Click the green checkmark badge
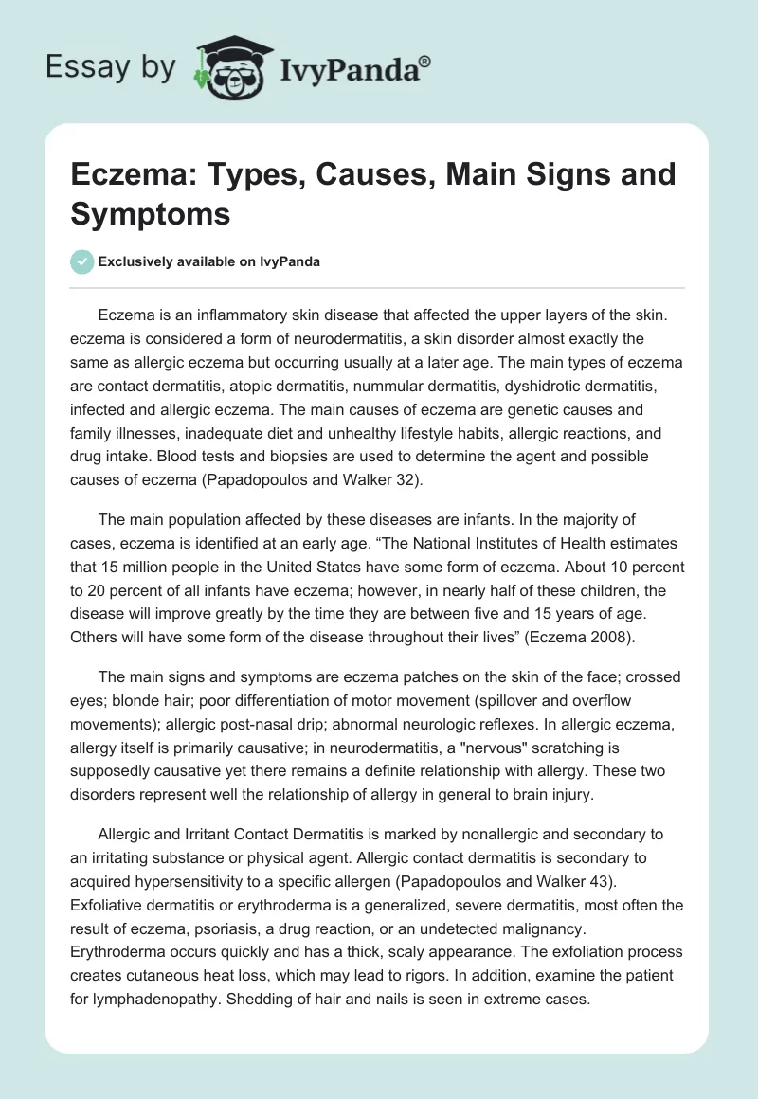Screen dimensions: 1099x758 (81, 261)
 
